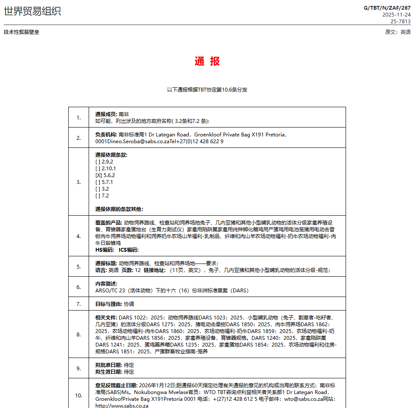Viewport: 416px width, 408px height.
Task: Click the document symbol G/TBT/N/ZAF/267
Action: tap(387, 8)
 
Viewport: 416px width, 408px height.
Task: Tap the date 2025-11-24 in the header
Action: tap(396, 14)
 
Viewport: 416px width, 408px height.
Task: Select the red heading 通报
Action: tap(207, 61)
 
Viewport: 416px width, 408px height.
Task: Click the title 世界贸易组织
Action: tap(32, 11)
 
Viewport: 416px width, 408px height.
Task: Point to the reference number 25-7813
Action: tap(400, 21)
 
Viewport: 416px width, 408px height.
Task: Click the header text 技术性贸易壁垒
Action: tap(21, 32)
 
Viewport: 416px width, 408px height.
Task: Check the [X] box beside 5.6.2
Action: tap(98, 175)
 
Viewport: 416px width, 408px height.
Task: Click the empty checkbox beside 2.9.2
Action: tap(98, 161)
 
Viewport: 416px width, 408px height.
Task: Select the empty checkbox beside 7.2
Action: tap(98, 195)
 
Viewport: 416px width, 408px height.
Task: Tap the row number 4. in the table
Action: tap(78, 236)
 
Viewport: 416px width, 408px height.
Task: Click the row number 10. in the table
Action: tap(78, 395)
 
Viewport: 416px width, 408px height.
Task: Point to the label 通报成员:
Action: tap(106, 114)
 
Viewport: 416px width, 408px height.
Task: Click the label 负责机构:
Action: tap(106, 135)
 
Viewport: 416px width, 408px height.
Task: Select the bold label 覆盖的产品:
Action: tap(109, 223)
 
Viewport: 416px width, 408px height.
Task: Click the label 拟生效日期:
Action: tap(109, 372)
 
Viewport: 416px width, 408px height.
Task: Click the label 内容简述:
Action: tap(106, 283)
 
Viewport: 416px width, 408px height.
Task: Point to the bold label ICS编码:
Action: tap(128, 250)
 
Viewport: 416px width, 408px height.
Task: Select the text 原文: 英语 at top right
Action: tap(397, 32)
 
